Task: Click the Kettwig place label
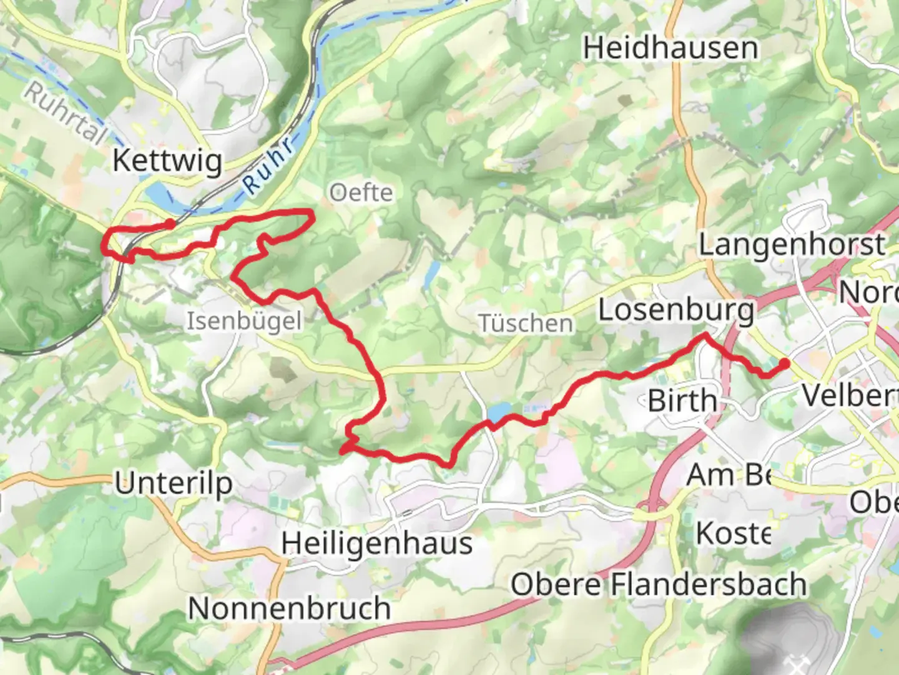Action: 167,161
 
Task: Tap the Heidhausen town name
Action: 671,48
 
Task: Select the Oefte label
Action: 361,192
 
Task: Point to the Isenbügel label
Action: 244,321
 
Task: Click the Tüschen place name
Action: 526,324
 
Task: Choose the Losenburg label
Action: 676,311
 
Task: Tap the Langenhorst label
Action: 792,244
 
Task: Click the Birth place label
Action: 682,401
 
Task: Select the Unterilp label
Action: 174,483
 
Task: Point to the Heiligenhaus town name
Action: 376,543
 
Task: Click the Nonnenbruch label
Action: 289,608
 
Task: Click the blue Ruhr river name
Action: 268,166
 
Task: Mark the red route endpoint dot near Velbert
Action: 784,362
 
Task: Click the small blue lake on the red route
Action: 499,412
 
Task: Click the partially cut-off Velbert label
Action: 849,396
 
